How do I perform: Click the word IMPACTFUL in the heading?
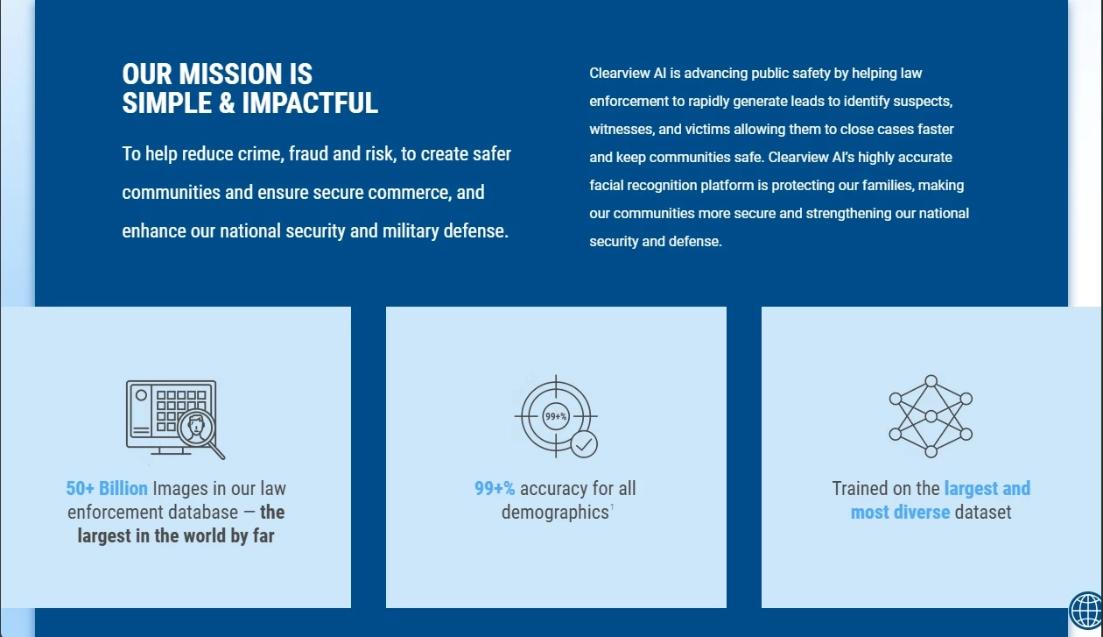point(310,103)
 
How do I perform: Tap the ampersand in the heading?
point(227,103)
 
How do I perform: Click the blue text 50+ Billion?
point(107,489)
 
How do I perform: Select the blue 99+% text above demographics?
point(495,489)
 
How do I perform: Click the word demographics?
point(555,513)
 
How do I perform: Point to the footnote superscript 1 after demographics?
point(612,506)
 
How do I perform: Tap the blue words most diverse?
point(900,513)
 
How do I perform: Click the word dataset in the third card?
point(983,513)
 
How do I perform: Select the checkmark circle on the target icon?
point(584,445)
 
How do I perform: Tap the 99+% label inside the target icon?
point(556,416)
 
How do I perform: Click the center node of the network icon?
point(931,416)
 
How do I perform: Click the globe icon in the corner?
point(1085,611)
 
